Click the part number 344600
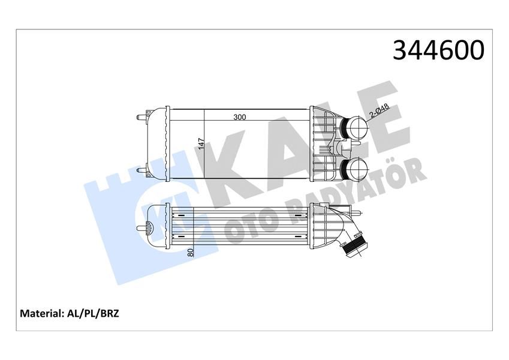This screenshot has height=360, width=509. [438, 52]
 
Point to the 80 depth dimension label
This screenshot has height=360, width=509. [191, 253]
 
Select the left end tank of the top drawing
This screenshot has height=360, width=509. [158, 144]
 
